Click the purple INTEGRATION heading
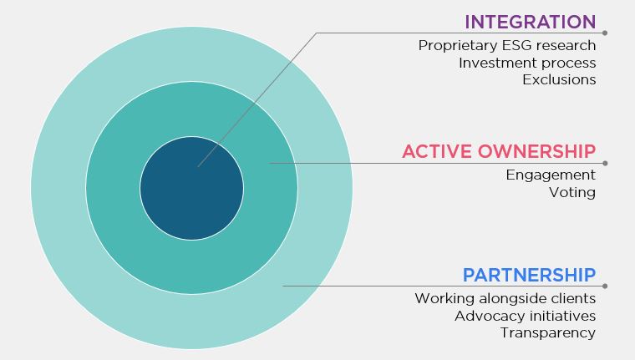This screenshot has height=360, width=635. [530, 22]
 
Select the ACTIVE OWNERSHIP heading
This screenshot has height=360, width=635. [499, 151]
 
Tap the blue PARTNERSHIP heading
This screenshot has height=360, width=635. [529, 276]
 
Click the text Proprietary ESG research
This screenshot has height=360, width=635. [507, 46]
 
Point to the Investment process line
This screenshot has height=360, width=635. [527, 63]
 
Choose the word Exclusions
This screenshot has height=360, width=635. [559, 80]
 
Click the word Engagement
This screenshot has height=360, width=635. [551, 175]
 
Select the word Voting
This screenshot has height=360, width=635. [572, 192]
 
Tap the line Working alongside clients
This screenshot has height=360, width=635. [505, 298]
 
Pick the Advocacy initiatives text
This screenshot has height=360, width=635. [526, 316]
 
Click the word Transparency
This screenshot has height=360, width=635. [548, 333]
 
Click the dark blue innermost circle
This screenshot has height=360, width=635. [191, 188]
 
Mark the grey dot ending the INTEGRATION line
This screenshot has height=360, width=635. [605, 33]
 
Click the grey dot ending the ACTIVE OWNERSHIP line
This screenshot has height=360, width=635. [605, 163]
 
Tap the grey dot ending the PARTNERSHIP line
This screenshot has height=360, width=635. [605, 286]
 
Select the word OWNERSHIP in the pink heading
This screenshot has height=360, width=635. [536, 151]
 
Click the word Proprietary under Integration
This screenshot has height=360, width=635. [458, 46]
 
